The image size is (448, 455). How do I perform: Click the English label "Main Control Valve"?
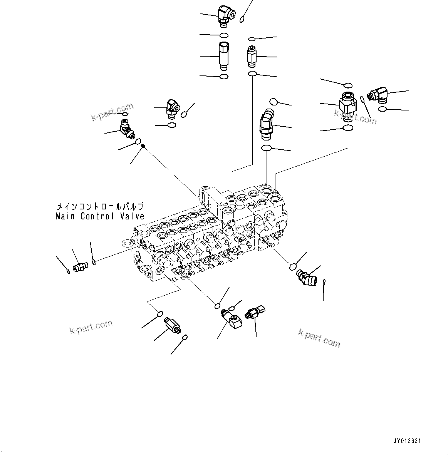100,216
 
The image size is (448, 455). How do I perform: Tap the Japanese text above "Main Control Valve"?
100,206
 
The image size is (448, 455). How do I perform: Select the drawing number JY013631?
407,441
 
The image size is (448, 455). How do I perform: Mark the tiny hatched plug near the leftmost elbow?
143,146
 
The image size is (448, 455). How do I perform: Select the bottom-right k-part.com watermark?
319,338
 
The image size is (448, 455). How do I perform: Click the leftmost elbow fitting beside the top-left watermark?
127,129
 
